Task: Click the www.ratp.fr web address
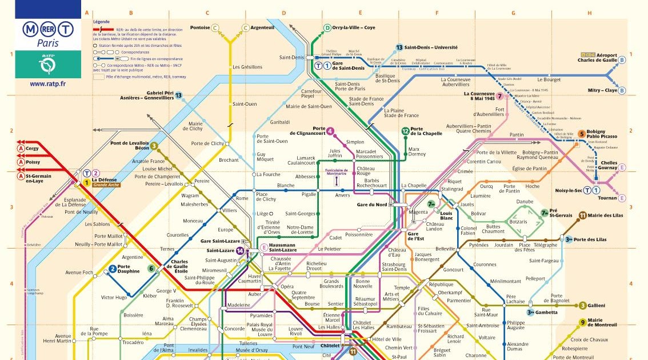click(47, 83)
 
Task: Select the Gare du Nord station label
click(372, 204)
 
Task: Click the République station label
click(441, 284)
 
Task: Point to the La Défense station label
click(104, 180)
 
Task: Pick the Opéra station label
click(286, 286)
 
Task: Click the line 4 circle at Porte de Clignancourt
click(330, 131)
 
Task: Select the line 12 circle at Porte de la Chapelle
click(405, 131)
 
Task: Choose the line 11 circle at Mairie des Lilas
click(582, 215)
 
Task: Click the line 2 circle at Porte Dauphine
click(113, 269)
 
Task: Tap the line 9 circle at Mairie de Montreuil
click(582, 322)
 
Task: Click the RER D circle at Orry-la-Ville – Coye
click(327, 27)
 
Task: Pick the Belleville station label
click(445, 249)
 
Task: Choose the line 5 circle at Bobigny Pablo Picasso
click(582, 134)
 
